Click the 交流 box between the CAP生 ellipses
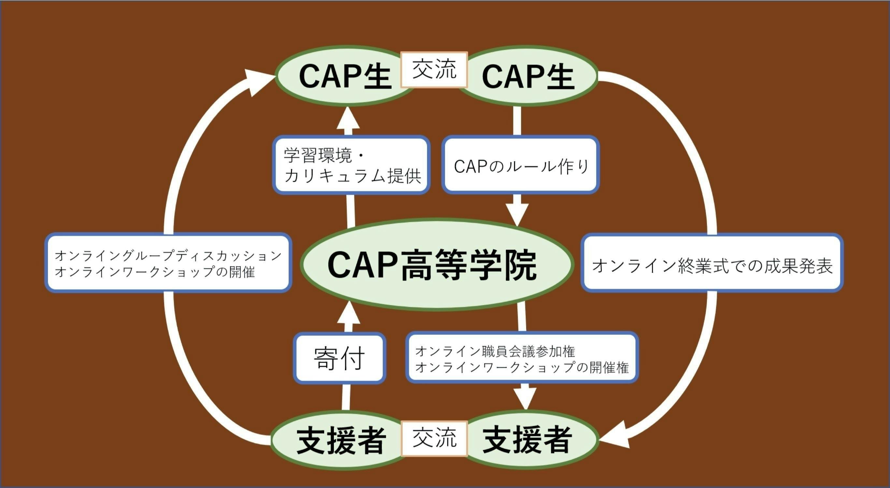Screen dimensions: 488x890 (434, 69)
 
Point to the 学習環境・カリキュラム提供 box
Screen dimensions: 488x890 (351, 165)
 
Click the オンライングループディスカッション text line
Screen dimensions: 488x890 (168, 256)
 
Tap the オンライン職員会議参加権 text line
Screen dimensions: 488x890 (495, 352)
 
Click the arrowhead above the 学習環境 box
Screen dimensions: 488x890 (348, 119)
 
